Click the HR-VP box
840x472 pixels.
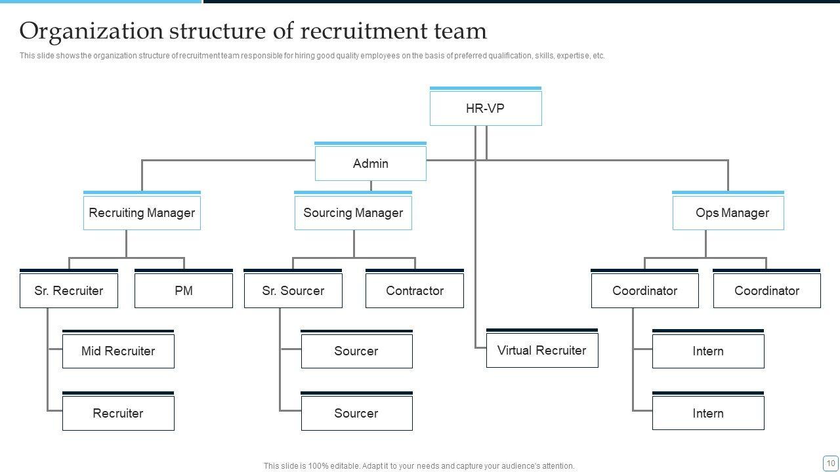point(486,108)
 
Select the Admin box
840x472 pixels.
point(370,163)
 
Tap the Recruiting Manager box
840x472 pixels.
point(142,213)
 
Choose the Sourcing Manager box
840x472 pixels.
point(353,213)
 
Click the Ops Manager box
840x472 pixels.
point(728,213)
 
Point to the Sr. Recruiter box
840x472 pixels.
point(69,290)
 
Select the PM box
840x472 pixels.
point(184,290)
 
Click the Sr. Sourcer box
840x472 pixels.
point(293,290)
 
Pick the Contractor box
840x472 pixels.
point(414,290)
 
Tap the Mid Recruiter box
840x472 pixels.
point(118,351)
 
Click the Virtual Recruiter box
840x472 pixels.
point(541,350)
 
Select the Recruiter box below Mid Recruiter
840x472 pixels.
point(118,413)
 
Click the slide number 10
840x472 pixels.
point(830,463)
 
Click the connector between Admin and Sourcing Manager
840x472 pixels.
point(371,186)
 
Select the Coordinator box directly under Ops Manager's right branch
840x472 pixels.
point(766,290)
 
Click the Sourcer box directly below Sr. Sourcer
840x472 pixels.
point(356,351)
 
